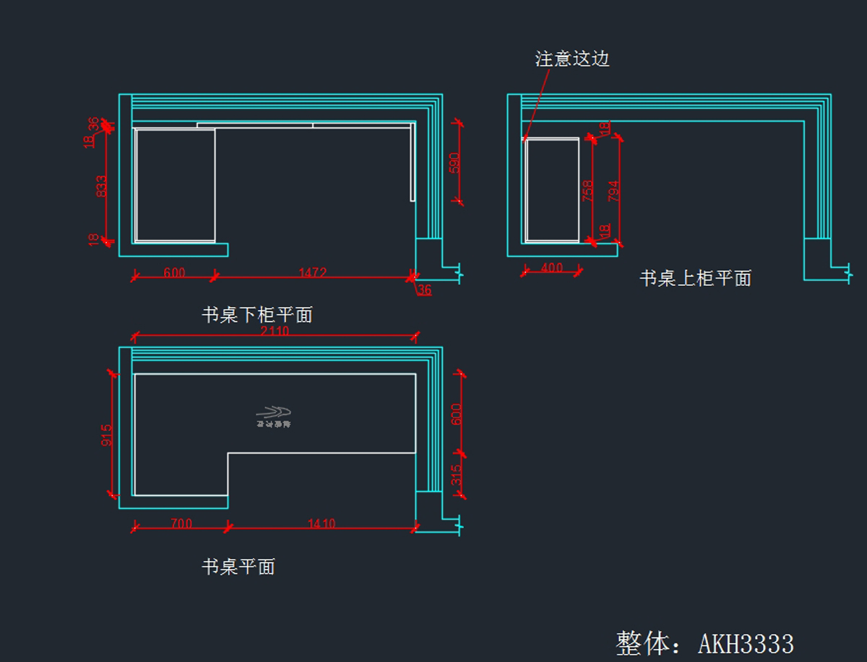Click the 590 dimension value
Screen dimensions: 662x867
coord(454,163)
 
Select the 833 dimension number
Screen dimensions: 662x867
coord(101,186)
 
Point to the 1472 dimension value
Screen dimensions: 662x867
coord(313,273)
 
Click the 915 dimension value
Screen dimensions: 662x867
coord(107,435)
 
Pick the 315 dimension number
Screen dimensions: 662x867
coord(457,476)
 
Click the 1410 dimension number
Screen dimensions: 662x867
coord(321,523)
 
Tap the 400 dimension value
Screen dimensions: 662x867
coord(551,268)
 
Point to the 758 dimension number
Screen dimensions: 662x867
coord(588,190)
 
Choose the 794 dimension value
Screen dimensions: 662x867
coord(613,190)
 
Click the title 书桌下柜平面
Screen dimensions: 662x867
coord(257,315)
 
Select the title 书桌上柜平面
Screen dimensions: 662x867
coord(695,278)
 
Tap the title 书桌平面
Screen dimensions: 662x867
coord(238,567)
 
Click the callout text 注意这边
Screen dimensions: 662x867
coord(572,58)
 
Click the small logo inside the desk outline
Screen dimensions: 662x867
coord(273,417)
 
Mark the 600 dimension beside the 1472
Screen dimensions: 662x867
coord(174,273)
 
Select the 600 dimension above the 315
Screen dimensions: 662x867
coord(457,414)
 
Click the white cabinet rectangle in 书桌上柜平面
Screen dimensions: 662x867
coord(553,190)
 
